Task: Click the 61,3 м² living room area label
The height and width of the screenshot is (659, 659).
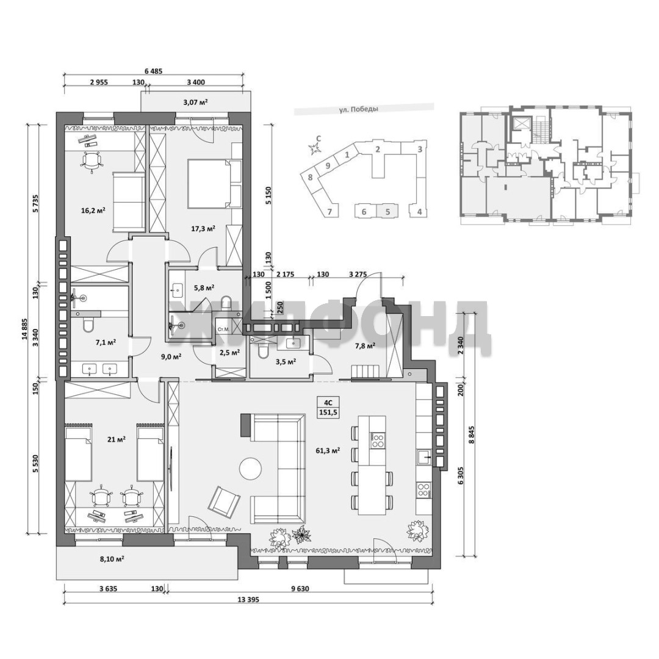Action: [x=328, y=450]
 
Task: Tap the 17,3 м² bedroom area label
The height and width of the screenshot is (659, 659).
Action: [x=203, y=228]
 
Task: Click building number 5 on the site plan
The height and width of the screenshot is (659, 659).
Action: [x=388, y=211]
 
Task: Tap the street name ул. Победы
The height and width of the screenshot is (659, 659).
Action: [x=359, y=109]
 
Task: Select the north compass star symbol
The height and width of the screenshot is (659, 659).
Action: [x=314, y=148]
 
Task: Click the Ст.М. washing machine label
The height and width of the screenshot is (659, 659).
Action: [x=223, y=329]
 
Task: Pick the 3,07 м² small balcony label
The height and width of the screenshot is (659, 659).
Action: [x=196, y=101]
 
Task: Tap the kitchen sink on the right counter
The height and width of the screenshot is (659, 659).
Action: [x=424, y=456]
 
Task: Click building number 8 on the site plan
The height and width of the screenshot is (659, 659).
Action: [x=310, y=178]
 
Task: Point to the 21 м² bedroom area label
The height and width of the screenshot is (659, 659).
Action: [x=117, y=439]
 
